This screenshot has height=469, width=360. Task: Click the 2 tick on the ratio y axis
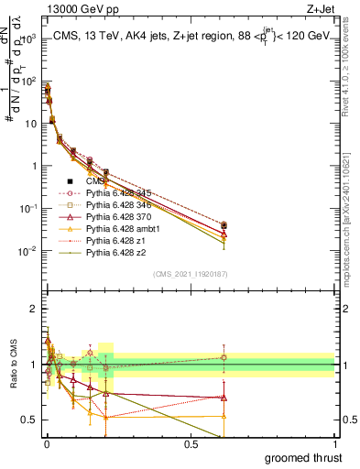37,309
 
